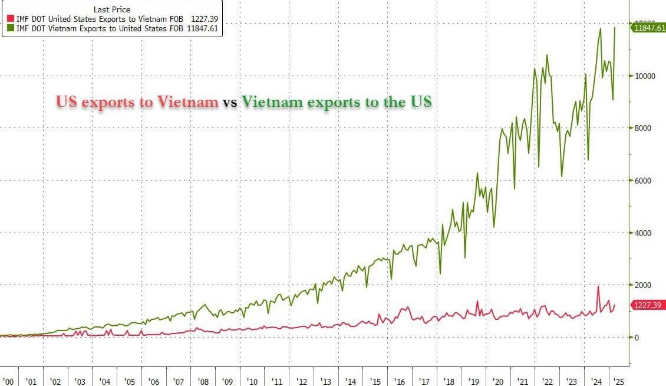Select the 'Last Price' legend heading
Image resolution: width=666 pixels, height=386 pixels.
(112, 9)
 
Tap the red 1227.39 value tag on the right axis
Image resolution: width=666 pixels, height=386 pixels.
(647, 305)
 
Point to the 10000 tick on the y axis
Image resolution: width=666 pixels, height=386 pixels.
(645, 76)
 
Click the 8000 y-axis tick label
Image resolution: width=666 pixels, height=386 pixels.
(644, 128)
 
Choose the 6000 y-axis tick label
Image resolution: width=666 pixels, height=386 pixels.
(644, 181)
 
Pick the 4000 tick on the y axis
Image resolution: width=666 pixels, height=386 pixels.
(644, 233)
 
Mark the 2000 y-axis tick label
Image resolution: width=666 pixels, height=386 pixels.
(644, 285)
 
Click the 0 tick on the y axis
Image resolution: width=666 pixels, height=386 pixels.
(637, 338)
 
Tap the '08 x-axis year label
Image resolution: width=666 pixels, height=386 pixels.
(202, 381)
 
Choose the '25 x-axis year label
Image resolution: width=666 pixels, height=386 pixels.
(618, 381)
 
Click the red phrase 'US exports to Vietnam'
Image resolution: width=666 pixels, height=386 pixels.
(137, 102)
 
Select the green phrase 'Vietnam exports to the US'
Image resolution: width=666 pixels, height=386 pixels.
(336, 102)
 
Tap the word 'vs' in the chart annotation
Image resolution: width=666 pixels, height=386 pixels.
(229, 103)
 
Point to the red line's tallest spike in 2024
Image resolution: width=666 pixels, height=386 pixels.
(598, 287)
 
